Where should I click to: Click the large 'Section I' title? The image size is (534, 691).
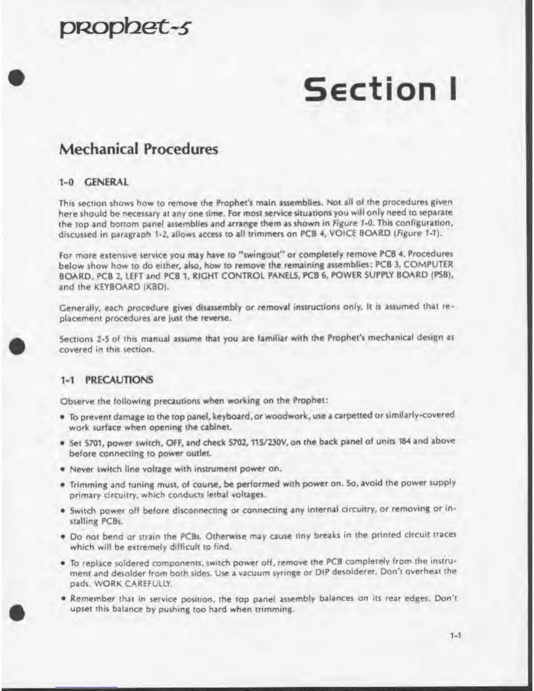click(380, 88)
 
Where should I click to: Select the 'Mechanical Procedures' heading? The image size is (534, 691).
click(138, 149)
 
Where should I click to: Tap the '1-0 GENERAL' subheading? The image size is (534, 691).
click(94, 182)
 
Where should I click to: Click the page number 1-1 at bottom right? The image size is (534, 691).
click(455, 636)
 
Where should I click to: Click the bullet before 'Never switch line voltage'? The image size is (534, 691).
click(63, 469)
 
